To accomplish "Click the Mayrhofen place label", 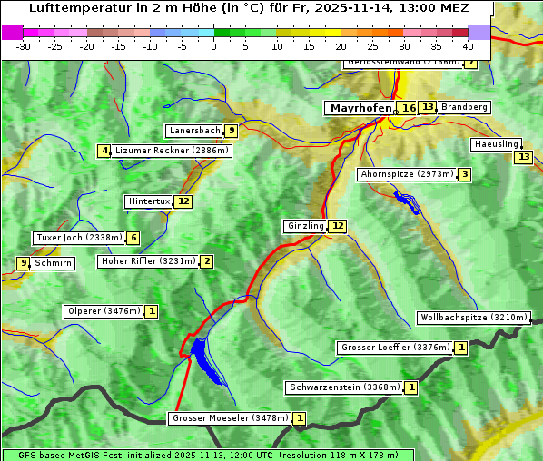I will (360, 108).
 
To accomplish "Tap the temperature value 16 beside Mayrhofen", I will (409, 108).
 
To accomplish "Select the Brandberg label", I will (464, 107).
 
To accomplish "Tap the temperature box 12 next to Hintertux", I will (183, 201).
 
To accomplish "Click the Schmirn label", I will (53, 263).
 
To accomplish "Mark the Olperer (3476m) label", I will (104, 311).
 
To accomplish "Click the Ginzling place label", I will (304, 226).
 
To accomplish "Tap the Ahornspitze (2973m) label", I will (406, 173).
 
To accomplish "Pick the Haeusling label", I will (496, 144).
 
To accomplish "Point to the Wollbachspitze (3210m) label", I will (472, 318).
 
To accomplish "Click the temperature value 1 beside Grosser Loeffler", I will (461, 348).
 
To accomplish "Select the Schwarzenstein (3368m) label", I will (343, 387).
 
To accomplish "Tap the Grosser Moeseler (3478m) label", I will (230, 418).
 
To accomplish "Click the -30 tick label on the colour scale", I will (24, 45).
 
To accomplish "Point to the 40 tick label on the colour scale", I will (468, 45).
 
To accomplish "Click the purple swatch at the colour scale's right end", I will (479, 32).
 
